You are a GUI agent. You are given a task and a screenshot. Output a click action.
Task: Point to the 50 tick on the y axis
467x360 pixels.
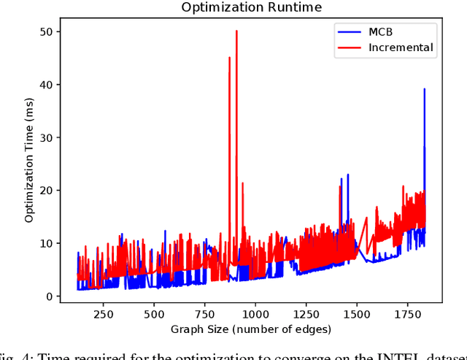(x=47, y=31)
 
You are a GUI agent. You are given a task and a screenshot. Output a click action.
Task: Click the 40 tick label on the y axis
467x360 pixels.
(x=47, y=85)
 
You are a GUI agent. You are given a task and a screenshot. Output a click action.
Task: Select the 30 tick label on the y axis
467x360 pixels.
(x=47, y=137)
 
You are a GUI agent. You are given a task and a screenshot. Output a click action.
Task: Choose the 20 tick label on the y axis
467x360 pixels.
(x=47, y=191)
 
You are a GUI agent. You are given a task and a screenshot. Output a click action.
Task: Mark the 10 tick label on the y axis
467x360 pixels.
(x=47, y=243)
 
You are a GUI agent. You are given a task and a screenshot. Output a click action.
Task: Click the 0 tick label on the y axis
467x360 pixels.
(x=50, y=296)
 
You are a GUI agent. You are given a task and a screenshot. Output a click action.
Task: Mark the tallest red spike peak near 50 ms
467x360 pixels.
(x=236, y=31)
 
